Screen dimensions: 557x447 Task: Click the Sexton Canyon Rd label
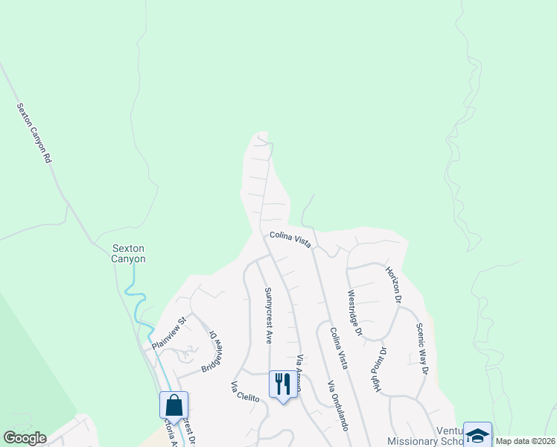[36, 133]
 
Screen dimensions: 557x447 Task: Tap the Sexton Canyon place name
[129, 254]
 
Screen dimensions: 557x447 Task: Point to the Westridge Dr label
[354, 314]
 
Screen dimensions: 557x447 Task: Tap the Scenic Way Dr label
[422, 349]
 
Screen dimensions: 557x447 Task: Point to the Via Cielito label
[244, 392]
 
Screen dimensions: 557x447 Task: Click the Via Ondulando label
[337, 406]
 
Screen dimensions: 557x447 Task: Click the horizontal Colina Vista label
[290, 241]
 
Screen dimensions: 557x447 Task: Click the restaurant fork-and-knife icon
[282, 384]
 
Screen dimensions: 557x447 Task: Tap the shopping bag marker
[174, 405]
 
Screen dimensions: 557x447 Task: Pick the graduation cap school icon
[477, 434]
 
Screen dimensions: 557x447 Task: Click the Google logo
[25, 438]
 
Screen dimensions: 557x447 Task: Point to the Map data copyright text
[526, 441]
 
